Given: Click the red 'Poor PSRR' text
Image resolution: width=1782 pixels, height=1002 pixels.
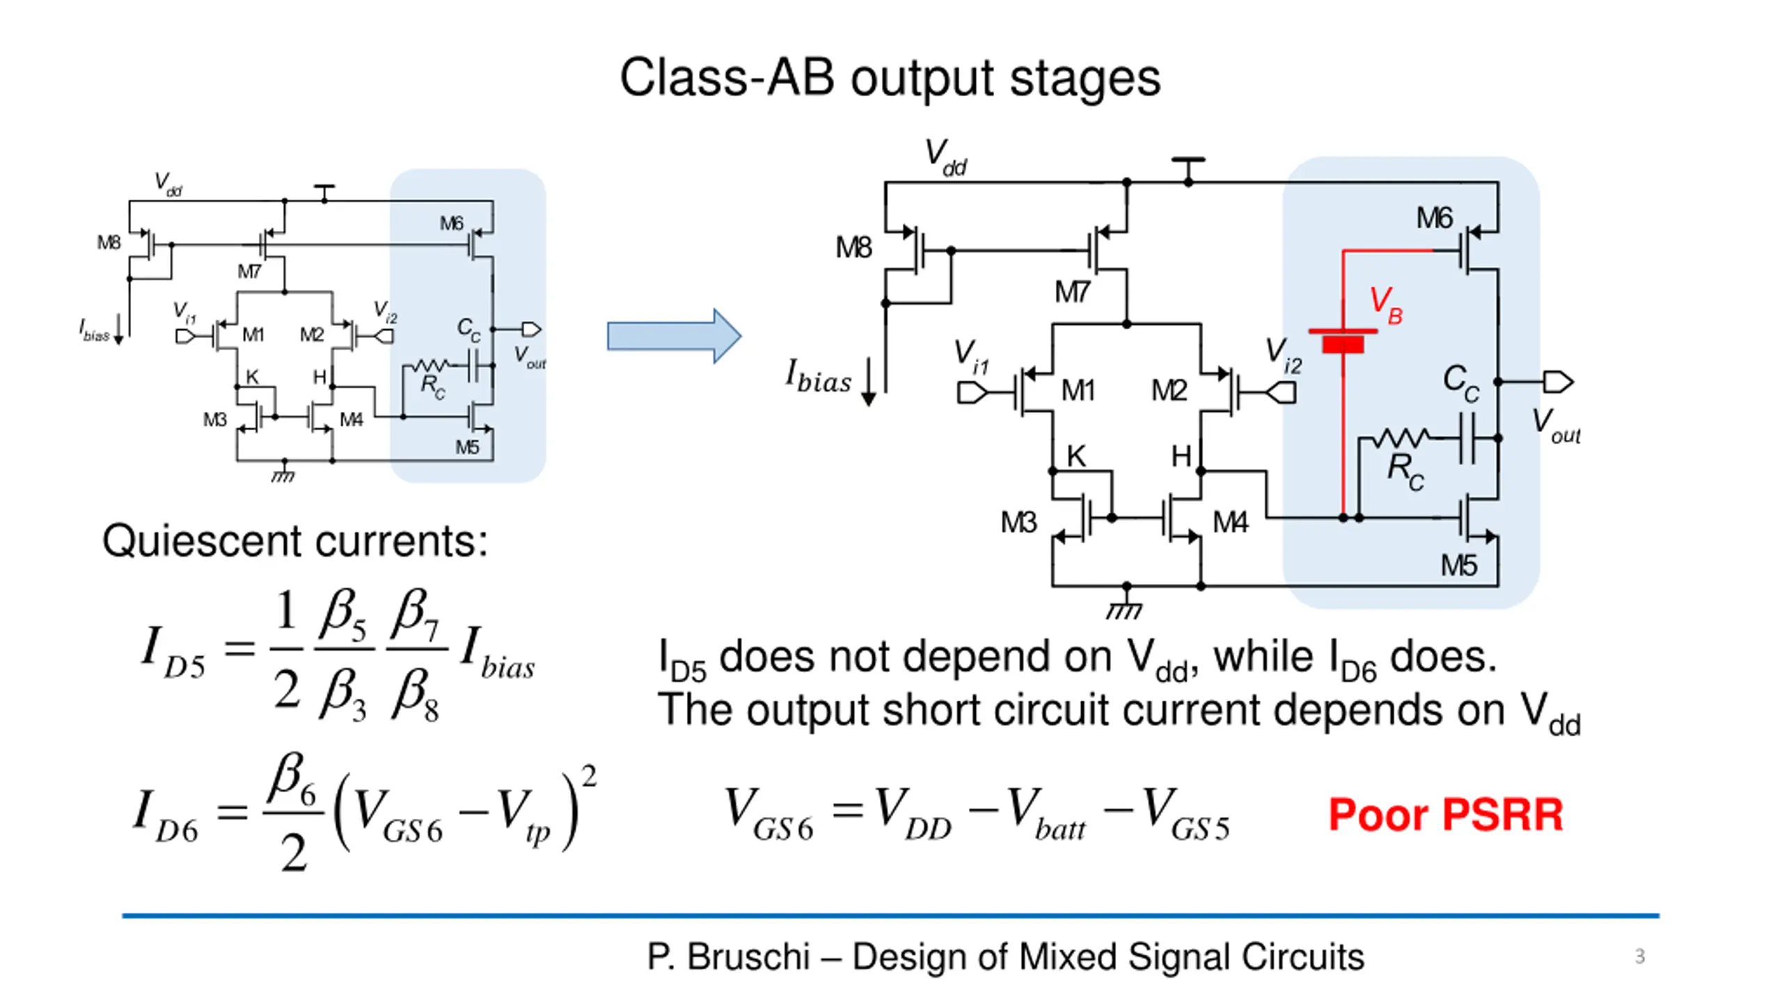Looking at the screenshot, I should click(x=1445, y=814).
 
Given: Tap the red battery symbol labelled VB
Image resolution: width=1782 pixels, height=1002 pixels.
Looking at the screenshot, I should click(x=1343, y=340).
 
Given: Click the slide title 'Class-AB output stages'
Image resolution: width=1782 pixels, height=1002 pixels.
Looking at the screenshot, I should click(x=890, y=78).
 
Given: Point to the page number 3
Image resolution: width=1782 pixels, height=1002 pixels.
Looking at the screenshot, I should click(x=1639, y=956).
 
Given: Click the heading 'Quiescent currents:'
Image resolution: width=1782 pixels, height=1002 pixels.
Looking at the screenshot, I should click(x=295, y=541).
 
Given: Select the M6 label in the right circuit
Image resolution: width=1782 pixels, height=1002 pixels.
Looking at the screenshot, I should click(x=1434, y=218).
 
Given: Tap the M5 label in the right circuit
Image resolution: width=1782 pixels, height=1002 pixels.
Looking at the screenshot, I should click(x=1458, y=566).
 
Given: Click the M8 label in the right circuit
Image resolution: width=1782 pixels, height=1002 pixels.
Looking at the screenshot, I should click(x=853, y=248).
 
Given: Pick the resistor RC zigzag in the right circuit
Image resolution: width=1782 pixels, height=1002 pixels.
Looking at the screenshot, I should click(x=1401, y=438).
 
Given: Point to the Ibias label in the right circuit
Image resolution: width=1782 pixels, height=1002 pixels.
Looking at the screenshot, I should click(x=819, y=377).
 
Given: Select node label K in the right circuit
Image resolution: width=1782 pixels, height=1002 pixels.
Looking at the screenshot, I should click(x=1076, y=456).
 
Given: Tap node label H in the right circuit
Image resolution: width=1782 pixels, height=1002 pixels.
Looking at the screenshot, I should click(x=1181, y=456).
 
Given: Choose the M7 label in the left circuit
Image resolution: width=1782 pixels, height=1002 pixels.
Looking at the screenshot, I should click(x=249, y=271).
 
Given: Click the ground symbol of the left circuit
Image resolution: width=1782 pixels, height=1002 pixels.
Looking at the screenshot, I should click(x=283, y=476).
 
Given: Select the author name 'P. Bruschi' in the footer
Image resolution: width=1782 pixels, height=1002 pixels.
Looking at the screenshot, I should click(x=728, y=957).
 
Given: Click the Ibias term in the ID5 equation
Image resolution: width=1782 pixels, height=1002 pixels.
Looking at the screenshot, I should click(x=498, y=654).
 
